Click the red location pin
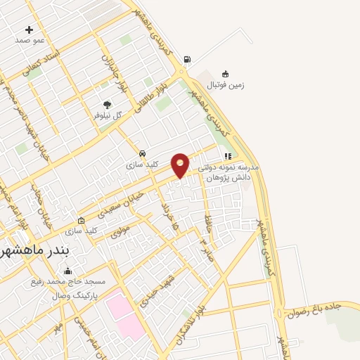(181, 165)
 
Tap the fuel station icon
(186, 59)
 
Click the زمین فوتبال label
(226, 85)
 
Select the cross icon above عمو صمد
(29, 30)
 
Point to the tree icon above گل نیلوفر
(108, 104)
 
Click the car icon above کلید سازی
(143, 153)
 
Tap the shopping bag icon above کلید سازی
(81, 219)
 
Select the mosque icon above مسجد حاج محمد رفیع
(68, 271)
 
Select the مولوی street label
(120, 229)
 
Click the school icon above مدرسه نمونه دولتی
(227, 156)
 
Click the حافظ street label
(207, 226)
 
